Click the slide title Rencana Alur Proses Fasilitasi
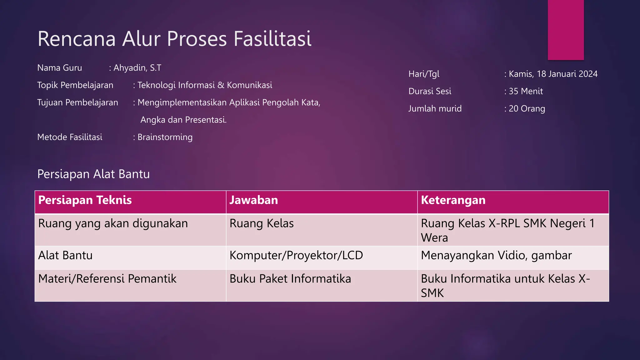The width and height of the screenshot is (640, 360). [174, 39]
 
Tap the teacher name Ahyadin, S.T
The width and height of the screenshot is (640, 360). [137, 68]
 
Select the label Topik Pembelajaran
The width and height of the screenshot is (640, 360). [75, 85]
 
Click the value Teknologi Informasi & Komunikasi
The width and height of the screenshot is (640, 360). [205, 85]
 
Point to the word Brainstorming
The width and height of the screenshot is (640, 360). [165, 137]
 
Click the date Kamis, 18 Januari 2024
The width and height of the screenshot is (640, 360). [553, 74]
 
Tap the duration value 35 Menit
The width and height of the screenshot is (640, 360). [526, 91]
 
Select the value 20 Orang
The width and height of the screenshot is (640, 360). [527, 109]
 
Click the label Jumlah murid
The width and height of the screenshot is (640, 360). [435, 109]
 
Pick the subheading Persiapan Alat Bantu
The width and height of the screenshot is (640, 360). [93, 174]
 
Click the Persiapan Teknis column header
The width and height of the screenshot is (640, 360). [85, 200]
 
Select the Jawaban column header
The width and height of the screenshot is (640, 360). [254, 200]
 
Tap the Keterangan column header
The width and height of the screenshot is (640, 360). [453, 200]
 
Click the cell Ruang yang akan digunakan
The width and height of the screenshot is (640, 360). [113, 224]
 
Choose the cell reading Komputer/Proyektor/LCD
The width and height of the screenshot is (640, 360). [296, 256]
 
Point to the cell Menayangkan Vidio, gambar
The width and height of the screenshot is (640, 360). [496, 256]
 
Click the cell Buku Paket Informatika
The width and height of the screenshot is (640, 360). [290, 279]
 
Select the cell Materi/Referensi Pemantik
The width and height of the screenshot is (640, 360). [107, 279]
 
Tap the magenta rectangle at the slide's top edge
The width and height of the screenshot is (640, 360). [566, 30]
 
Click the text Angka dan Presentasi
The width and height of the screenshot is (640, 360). [183, 120]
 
